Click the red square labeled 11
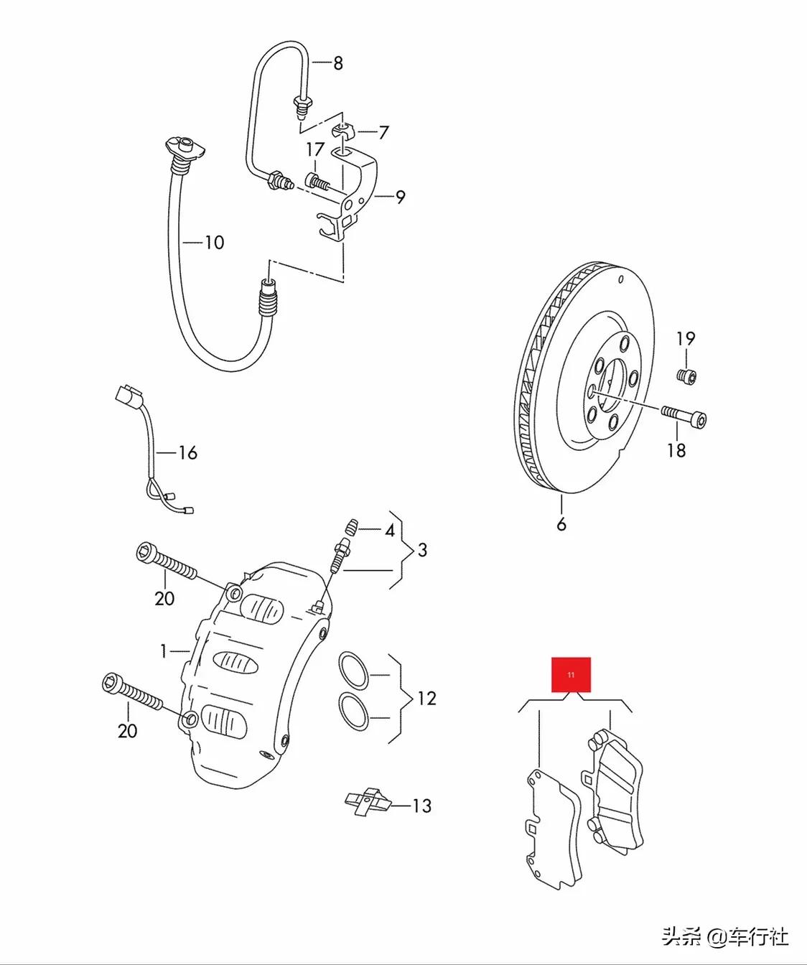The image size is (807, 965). point(571,675)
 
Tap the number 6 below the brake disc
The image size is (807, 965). point(561,525)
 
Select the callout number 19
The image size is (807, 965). point(686,338)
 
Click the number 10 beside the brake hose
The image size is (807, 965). point(214,243)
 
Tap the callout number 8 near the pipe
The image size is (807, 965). point(337,63)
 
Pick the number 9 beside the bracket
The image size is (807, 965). point(400,197)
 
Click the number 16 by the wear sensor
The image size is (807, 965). point(187,453)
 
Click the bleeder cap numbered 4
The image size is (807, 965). point(351,528)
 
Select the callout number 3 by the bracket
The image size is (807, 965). point(422,550)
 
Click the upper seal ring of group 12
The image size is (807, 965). point(353,669)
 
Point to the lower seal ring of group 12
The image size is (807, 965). point(353,711)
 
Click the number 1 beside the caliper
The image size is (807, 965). point(164,651)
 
